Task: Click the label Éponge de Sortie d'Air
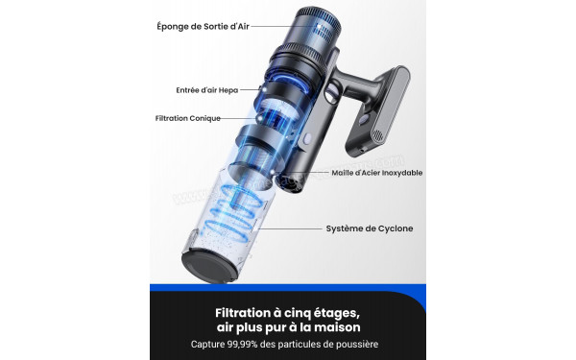tap(204, 27)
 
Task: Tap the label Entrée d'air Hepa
tap(207, 90)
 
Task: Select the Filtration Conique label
tap(188, 118)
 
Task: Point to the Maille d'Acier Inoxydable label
tap(377, 173)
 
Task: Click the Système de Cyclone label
tap(370, 228)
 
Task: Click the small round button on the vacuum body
tap(307, 138)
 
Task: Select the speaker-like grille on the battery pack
tap(377, 136)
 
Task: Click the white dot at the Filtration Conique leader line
tap(260, 119)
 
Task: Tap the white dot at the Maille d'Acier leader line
tap(273, 172)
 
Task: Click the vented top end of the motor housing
tap(318, 21)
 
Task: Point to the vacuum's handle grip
tap(354, 83)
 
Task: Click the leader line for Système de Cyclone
tap(291, 228)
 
